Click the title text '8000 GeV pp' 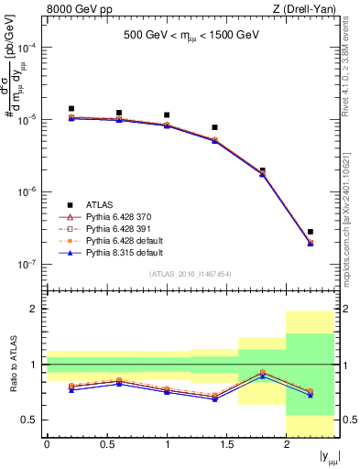pyautogui.click(x=72, y=10)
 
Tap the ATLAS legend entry pyautogui.click(x=102, y=204)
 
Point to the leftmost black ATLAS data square pyautogui.click(x=71, y=108)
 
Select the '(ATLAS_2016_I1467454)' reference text pyautogui.click(x=191, y=274)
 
